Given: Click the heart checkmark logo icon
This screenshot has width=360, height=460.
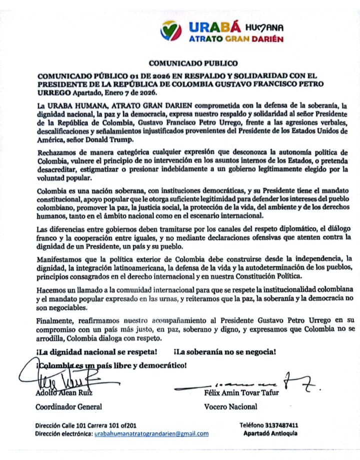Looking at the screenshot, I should coord(171,32).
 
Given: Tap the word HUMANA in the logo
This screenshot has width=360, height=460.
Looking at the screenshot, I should coord(265,27).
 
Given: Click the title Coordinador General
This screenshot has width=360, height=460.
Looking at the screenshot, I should coord(68,406).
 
